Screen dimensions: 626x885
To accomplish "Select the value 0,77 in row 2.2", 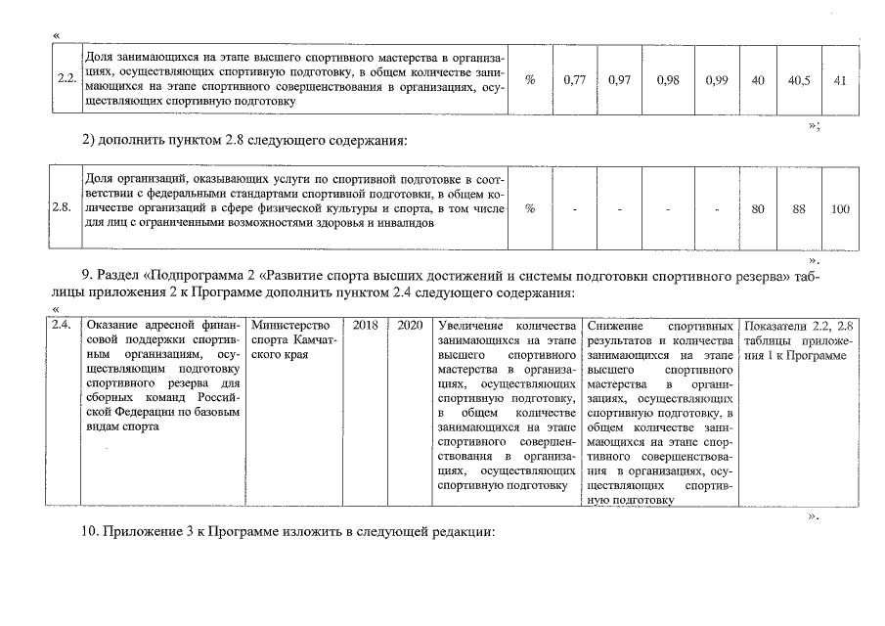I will point(575,80).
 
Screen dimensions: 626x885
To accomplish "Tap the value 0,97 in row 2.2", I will point(618,80).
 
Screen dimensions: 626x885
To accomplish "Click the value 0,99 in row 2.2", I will point(717,80).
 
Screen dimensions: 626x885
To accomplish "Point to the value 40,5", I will point(799,80).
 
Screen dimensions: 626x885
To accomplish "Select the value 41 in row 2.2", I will point(839,80).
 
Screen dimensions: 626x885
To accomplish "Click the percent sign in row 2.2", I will point(529,80).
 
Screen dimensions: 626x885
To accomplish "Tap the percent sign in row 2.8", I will point(529,208).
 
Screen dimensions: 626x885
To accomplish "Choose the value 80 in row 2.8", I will point(757,208).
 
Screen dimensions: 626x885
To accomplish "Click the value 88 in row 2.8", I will point(798,208).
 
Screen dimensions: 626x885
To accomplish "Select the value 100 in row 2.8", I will point(839,208).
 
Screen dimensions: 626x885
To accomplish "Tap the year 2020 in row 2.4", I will point(411,325).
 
